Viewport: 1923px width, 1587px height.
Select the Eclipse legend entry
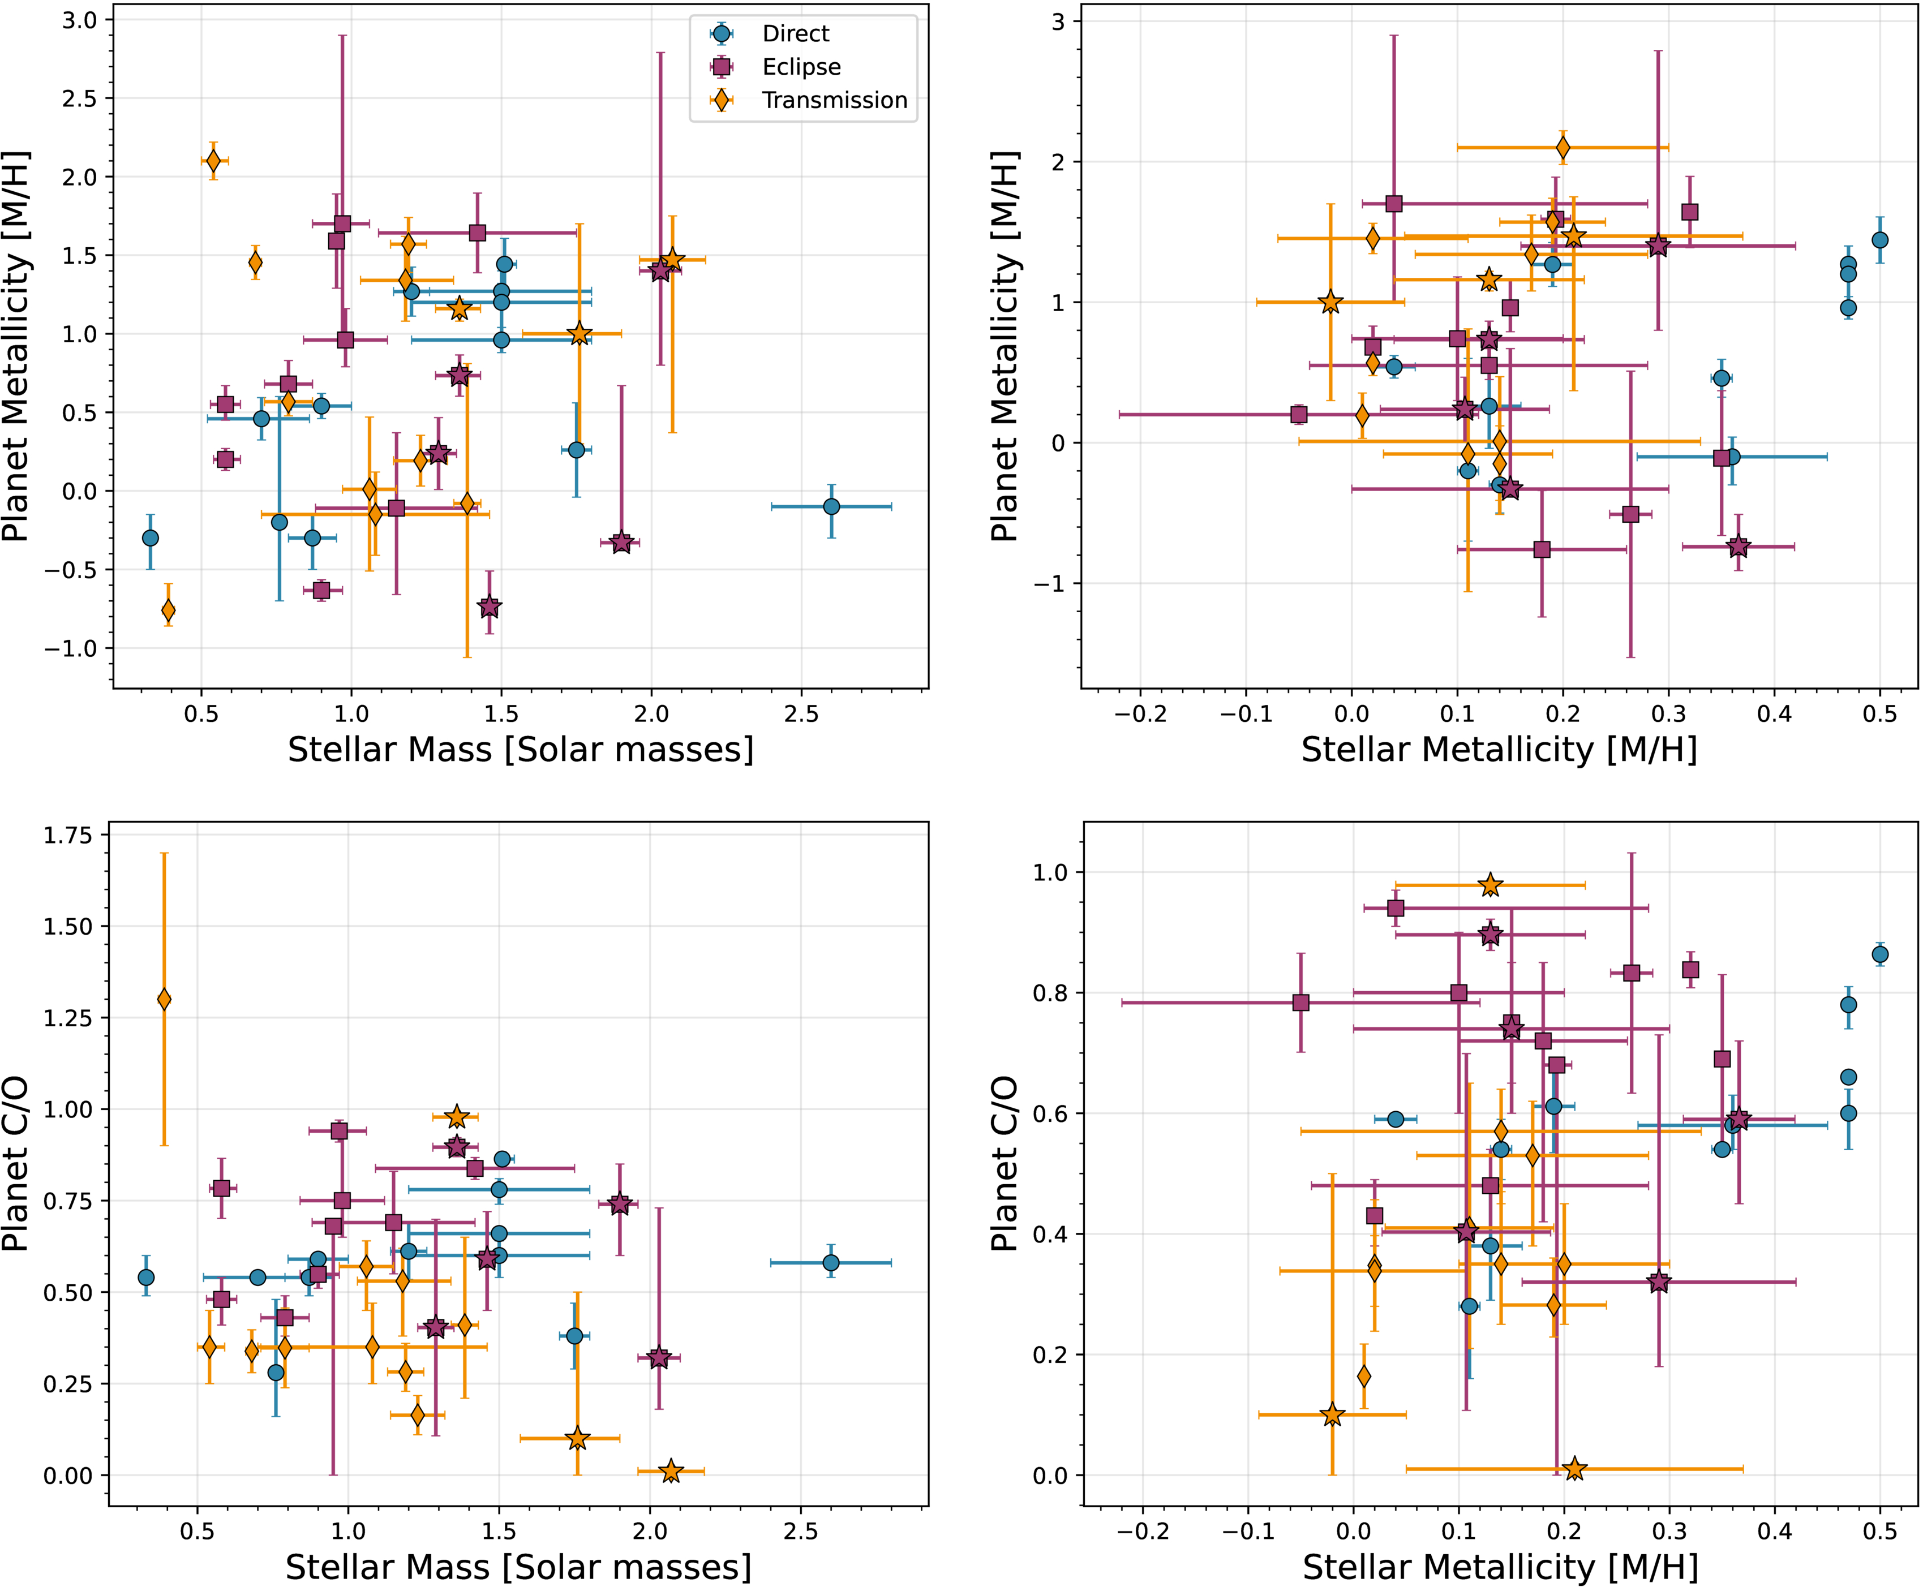(x=800, y=67)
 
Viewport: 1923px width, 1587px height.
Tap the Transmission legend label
(x=834, y=100)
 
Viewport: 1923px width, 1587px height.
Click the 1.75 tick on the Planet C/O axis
(x=68, y=835)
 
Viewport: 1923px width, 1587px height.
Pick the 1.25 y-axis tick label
(x=68, y=1017)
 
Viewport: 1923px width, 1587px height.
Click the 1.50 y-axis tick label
(x=68, y=926)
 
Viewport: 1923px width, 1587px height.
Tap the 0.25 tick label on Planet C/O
(x=68, y=1383)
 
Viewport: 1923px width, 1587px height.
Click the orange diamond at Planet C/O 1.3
(x=164, y=999)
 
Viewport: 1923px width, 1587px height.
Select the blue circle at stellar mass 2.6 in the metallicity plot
(x=831, y=506)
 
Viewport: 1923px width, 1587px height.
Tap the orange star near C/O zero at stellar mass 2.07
(x=671, y=1471)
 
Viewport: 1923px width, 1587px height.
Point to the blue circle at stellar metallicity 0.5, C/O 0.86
(x=1880, y=954)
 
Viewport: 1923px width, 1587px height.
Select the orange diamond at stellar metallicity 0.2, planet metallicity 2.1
(x=1563, y=147)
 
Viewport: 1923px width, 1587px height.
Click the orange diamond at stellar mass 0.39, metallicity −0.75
(x=168, y=610)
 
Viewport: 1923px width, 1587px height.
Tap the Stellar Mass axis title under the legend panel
(x=520, y=750)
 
